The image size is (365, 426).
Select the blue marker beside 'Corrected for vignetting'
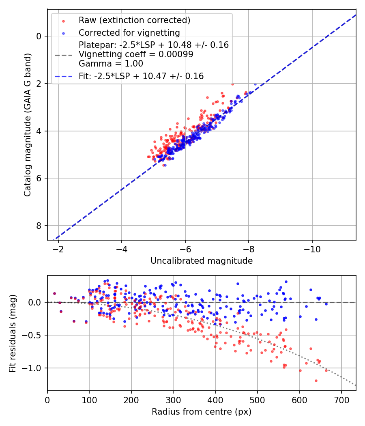point(63,32)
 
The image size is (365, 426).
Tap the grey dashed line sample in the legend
point(63,54)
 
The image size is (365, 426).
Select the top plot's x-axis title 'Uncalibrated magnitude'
point(202,261)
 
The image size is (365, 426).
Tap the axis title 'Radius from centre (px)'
point(202,412)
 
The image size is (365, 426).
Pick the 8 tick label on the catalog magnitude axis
point(39,226)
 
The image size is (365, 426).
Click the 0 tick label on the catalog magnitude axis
point(39,36)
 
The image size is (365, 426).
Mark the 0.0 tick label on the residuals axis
point(36,302)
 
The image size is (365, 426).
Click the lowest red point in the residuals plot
point(316,381)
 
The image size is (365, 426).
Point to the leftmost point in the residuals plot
point(54,293)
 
